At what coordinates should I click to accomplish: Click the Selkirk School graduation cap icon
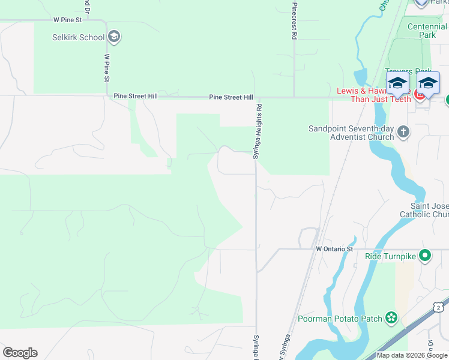tap(115, 37)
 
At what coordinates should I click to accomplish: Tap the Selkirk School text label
tap(78, 37)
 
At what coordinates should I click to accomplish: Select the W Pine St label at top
tap(66, 19)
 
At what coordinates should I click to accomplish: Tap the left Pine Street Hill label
tap(136, 96)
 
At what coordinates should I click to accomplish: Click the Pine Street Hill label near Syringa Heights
tap(231, 97)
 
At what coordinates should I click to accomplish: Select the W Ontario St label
tap(334, 248)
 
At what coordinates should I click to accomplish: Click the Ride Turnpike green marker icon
tap(426, 256)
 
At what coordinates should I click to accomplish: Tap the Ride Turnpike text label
tap(390, 256)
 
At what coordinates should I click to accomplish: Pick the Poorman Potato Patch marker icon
tap(391, 317)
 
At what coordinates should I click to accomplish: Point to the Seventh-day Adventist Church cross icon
tap(403, 131)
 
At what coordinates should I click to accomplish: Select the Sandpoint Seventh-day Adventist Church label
tap(351, 133)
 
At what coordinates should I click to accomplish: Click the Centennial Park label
tap(427, 31)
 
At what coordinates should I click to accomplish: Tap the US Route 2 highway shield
tap(439, 307)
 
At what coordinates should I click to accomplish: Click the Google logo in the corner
tap(20, 353)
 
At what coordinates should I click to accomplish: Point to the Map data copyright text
tap(412, 355)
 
